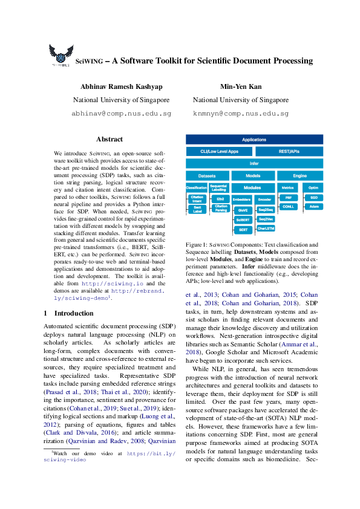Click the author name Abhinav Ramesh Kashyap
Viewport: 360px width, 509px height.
coord(121,86)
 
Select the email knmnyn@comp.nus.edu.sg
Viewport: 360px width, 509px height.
coord(241,113)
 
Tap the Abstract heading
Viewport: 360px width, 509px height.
coord(110,139)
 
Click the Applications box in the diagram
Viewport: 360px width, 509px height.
coord(254,140)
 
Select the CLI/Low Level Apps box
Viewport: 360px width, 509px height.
coord(219,151)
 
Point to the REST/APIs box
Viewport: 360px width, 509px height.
coord(289,151)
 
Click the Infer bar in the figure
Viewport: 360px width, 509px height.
coord(254,163)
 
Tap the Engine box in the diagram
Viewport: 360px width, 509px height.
coord(299,175)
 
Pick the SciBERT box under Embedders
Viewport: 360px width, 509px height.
coord(243,219)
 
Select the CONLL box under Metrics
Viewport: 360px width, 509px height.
coord(288,206)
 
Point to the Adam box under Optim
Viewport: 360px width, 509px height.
coord(313,206)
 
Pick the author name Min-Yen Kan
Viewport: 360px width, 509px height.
coord(241,86)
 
